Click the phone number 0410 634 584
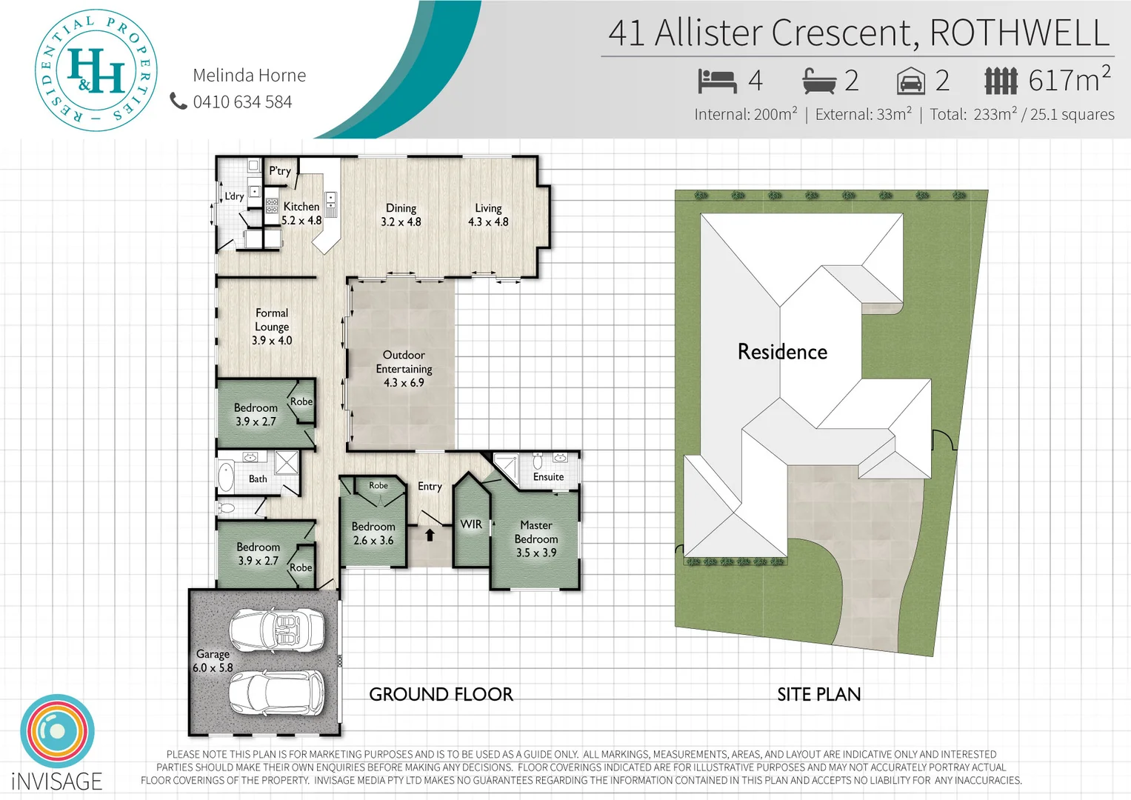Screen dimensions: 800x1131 click(x=242, y=102)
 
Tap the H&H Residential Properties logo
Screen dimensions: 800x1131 click(x=96, y=71)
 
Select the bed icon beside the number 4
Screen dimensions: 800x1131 click(x=717, y=81)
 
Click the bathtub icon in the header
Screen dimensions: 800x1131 click(x=819, y=81)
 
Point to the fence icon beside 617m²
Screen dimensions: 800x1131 click(x=1001, y=81)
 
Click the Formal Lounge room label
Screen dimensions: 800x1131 click(x=272, y=327)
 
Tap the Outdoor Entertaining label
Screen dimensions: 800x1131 click(x=404, y=368)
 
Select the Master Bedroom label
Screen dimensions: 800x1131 click(x=536, y=539)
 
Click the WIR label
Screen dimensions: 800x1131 click(x=471, y=524)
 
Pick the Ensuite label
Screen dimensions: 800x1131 click(x=548, y=477)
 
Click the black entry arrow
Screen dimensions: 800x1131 click(x=430, y=534)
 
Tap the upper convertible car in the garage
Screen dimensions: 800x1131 click(x=276, y=630)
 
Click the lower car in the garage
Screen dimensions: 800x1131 click(x=276, y=693)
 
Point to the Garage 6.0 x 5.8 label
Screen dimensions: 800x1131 click(x=213, y=661)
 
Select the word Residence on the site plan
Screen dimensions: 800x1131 click(x=782, y=352)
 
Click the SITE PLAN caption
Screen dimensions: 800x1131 click(x=818, y=694)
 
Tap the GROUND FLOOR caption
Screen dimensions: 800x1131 click(x=441, y=694)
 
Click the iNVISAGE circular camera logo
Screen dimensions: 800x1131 click(x=57, y=731)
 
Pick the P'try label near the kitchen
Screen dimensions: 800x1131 click(x=280, y=171)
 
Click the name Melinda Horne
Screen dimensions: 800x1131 click(x=249, y=76)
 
